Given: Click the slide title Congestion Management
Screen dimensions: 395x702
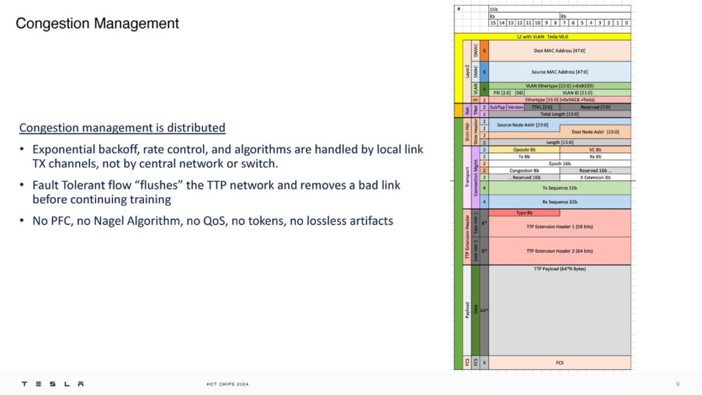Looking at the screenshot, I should (97, 24).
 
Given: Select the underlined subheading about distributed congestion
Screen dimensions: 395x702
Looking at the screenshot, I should (122, 128).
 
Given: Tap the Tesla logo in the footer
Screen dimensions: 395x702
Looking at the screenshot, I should (53, 384).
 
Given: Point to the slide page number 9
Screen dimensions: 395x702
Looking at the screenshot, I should (678, 384).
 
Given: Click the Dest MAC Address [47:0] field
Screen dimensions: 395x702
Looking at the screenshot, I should (559, 51).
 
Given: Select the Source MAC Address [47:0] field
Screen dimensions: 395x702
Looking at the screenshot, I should (559, 72).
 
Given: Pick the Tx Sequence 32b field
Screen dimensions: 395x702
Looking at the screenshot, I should (559, 188).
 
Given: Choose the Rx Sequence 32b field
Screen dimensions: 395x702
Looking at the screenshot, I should (559, 202).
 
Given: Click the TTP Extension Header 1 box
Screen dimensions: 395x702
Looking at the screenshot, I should (559, 227).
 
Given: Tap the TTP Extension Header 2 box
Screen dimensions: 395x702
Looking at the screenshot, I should (559, 250).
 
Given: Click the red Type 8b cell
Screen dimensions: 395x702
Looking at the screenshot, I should (524, 212).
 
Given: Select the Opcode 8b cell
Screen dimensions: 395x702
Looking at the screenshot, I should (524, 149).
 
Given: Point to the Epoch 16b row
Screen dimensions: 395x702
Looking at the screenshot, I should (559, 163).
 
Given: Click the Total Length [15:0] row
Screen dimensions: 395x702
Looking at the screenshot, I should (559, 114).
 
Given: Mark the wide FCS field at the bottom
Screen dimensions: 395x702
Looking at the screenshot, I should (559, 362).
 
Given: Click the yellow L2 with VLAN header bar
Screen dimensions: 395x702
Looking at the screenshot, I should (559, 37).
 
